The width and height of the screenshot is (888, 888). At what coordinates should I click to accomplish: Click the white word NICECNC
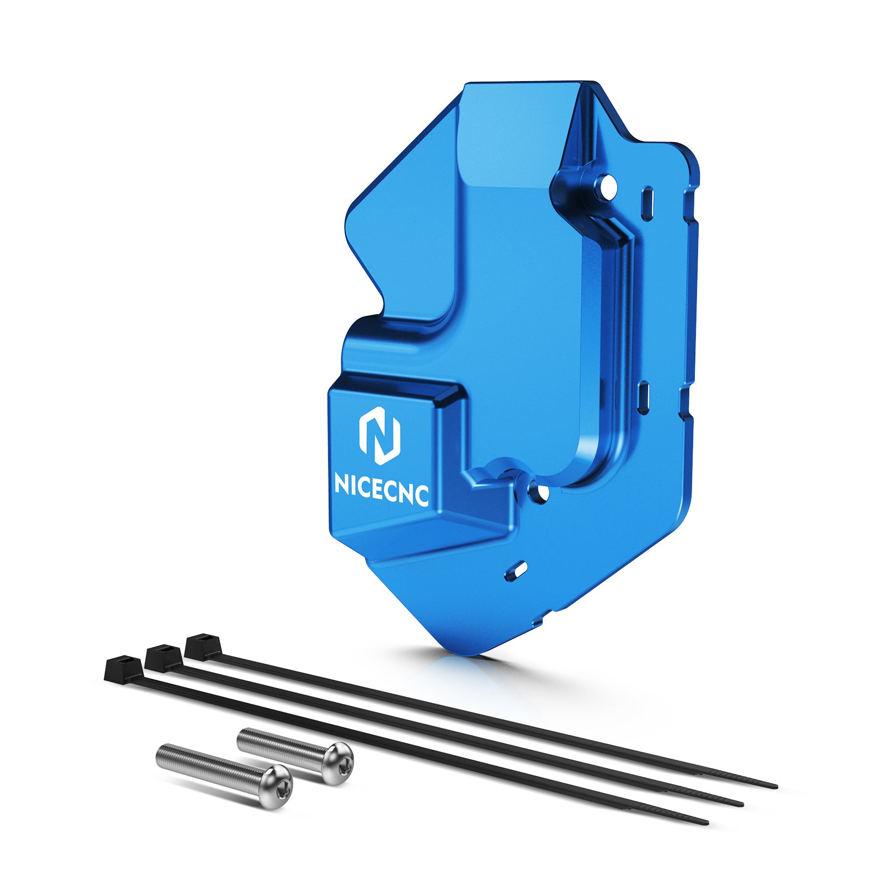click(x=381, y=488)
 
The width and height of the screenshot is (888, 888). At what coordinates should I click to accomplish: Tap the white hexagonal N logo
click(x=380, y=435)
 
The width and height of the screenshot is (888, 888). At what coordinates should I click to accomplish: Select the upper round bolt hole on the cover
click(x=608, y=188)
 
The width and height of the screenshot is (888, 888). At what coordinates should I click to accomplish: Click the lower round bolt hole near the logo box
click(x=538, y=491)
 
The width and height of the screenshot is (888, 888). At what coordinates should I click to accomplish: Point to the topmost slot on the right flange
click(x=647, y=203)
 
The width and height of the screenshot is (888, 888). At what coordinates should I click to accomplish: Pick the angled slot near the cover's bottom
click(x=516, y=571)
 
